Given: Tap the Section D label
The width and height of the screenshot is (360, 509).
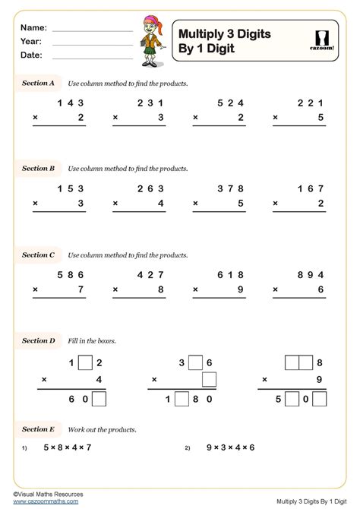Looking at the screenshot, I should (38, 341).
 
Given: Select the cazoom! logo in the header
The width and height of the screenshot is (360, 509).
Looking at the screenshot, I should (322, 41).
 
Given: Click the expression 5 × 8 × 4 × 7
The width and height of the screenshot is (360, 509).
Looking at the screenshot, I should (68, 447).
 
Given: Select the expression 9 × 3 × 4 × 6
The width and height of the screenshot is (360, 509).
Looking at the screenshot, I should (230, 447).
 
